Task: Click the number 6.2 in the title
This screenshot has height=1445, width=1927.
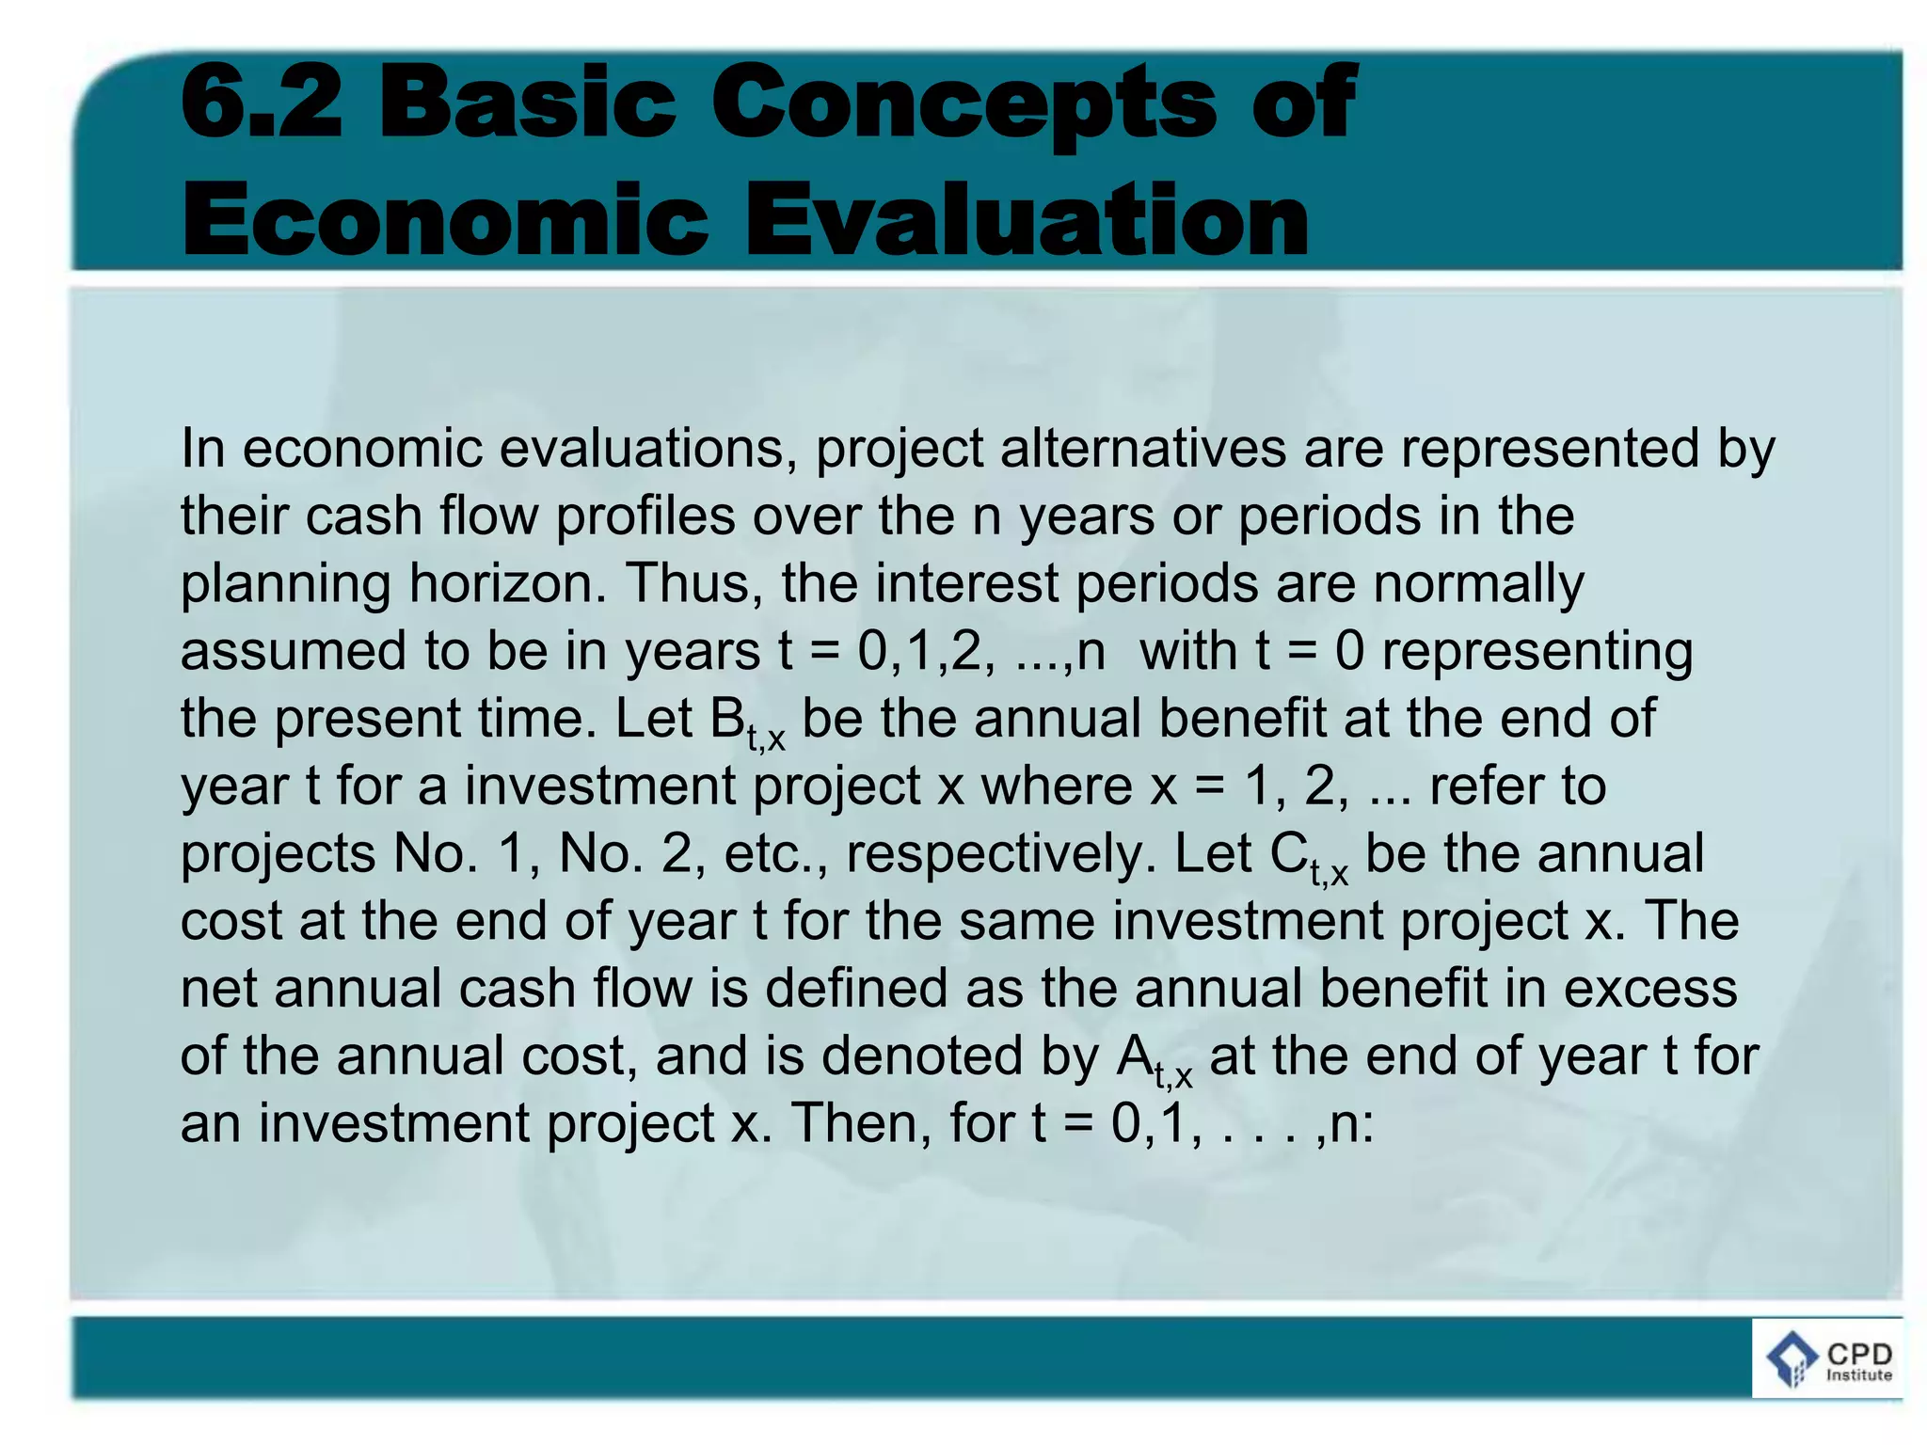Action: tap(262, 101)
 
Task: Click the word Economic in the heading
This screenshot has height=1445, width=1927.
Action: tap(444, 219)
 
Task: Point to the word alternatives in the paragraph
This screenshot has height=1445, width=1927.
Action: tap(1142, 448)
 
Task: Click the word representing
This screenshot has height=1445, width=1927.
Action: tap(1537, 653)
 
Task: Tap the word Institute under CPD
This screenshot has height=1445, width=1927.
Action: tap(1858, 1375)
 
